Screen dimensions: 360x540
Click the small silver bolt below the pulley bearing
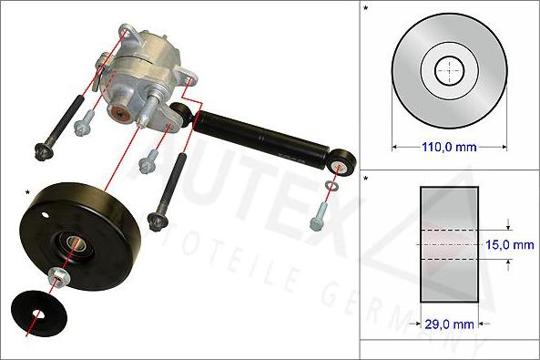58,276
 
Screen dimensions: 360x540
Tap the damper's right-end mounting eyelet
345,164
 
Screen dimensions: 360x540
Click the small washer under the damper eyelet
332,189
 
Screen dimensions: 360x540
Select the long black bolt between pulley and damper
169,187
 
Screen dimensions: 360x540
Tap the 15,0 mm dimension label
510,245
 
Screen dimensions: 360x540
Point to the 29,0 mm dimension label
448,323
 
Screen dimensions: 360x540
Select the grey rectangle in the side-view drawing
448,243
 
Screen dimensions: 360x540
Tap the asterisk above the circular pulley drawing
366,9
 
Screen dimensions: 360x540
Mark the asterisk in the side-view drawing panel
366,179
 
